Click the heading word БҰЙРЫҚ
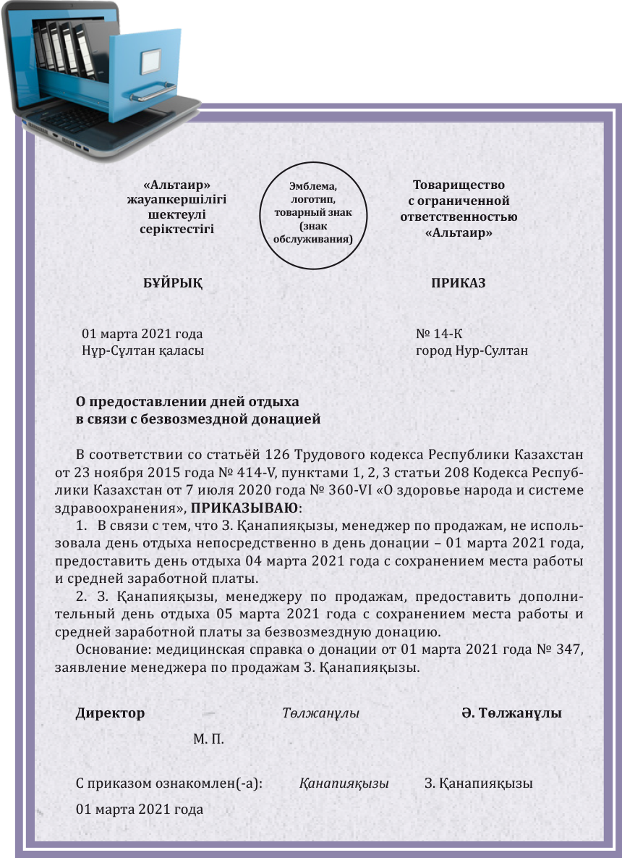point(173,283)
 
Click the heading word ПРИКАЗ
point(458,283)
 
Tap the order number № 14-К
point(438,334)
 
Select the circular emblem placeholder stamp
point(313,214)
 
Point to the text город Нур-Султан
point(472,351)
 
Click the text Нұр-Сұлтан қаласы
point(143,351)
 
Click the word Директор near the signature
point(110,713)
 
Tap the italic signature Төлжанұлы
point(320,713)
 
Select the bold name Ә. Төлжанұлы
point(511,713)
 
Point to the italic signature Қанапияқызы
point(344,784)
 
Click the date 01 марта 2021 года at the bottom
point(139,809)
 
